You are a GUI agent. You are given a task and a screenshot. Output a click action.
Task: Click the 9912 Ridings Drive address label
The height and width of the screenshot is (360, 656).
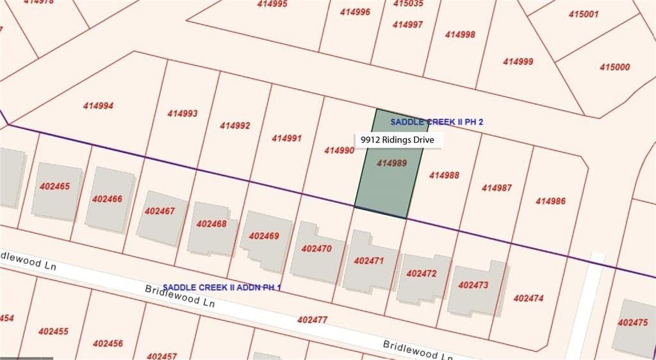point(397,140)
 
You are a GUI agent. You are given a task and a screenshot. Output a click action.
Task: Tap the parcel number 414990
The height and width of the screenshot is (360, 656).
point(339,151)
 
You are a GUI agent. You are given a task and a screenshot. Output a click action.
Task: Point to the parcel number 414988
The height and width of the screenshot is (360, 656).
point(444,175)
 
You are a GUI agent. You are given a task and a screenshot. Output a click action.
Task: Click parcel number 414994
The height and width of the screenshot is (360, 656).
point(98,106)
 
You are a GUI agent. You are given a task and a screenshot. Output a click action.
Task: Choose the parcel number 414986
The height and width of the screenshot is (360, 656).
point(550,201)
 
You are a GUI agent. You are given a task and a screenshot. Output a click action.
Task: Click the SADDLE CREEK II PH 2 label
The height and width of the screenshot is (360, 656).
point(436,122)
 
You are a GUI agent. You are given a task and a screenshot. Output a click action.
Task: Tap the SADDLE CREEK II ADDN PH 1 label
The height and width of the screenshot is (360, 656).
point(222,288)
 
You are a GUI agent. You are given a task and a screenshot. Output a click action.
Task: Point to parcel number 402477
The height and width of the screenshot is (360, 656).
point(313,319)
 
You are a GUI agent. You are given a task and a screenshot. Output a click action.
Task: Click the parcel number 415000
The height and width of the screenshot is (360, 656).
point(615,67)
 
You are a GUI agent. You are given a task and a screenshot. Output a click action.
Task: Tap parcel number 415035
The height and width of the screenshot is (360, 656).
point(408,3)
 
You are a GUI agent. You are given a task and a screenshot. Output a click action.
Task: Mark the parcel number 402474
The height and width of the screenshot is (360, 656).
point(529,298)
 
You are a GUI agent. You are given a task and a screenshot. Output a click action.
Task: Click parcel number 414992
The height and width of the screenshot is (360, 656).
point(234,126)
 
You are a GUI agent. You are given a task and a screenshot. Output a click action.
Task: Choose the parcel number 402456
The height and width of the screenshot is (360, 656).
point(108,343)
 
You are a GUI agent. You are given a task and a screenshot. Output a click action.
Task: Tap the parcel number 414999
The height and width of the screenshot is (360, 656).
point(518,61)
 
